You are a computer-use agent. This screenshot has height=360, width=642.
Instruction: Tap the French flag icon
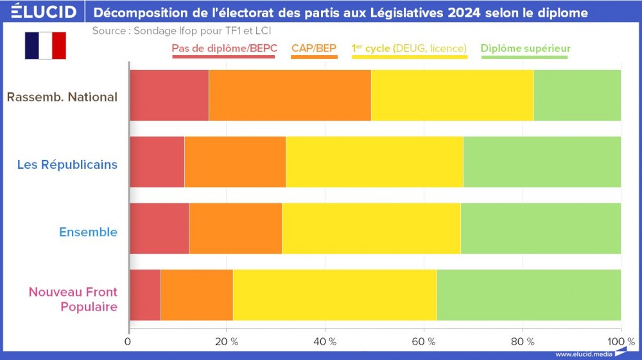pos(45,46)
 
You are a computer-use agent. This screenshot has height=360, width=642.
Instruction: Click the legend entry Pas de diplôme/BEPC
pos(224,48)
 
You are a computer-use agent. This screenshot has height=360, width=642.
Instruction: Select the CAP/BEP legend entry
pos(314,48)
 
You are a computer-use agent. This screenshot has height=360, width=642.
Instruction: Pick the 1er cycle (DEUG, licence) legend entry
pos(409,48)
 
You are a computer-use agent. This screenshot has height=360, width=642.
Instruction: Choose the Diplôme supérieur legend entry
pos(525,48)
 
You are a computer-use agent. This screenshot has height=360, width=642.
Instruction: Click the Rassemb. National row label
pos(62,98)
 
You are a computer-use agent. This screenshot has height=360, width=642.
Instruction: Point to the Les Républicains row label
pos(67,164)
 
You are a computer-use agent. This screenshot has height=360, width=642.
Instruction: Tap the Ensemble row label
pos(88,232)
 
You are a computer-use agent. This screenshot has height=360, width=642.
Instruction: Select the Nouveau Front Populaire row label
pos(73,299)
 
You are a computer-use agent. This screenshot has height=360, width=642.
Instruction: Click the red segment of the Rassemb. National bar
pos(169,95)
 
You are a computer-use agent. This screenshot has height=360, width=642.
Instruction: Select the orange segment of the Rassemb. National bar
pos(290,95)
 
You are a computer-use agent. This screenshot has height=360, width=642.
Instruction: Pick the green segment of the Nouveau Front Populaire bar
pos(528,295)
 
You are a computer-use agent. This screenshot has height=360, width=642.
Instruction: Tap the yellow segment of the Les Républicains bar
pos(374,162)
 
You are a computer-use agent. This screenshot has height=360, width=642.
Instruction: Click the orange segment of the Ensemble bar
pos(235,228)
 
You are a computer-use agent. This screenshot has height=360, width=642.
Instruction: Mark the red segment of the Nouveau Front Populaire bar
pos(144,295)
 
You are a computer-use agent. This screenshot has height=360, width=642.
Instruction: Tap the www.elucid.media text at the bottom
pos(584,354)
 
